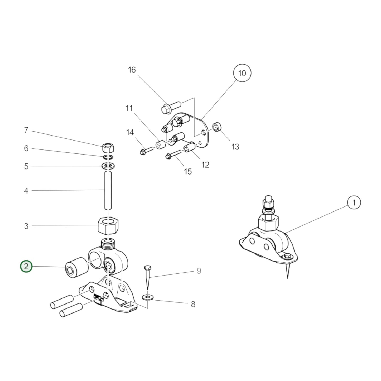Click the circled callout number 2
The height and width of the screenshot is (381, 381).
click(x=26, y=267)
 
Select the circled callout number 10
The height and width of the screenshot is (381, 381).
click(x=242, y=73)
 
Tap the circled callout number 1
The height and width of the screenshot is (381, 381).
click(x=354, y=203)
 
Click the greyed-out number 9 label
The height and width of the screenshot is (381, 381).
click(x=199, y=271)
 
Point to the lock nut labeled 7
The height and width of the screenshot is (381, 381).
click(x=108, y=148)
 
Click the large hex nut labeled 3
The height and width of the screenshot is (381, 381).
click(x=108, y=226)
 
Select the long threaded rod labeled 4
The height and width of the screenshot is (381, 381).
click(x=108, y=190)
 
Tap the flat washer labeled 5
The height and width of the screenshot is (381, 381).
click(x=108, y=166)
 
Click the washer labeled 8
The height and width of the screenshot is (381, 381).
click(x=148, y=297)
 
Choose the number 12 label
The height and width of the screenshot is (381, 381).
click(x=205, y=165)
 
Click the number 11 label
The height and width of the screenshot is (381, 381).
click(x=129, y=108)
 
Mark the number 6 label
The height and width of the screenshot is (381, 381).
click(x=26, y=148)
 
